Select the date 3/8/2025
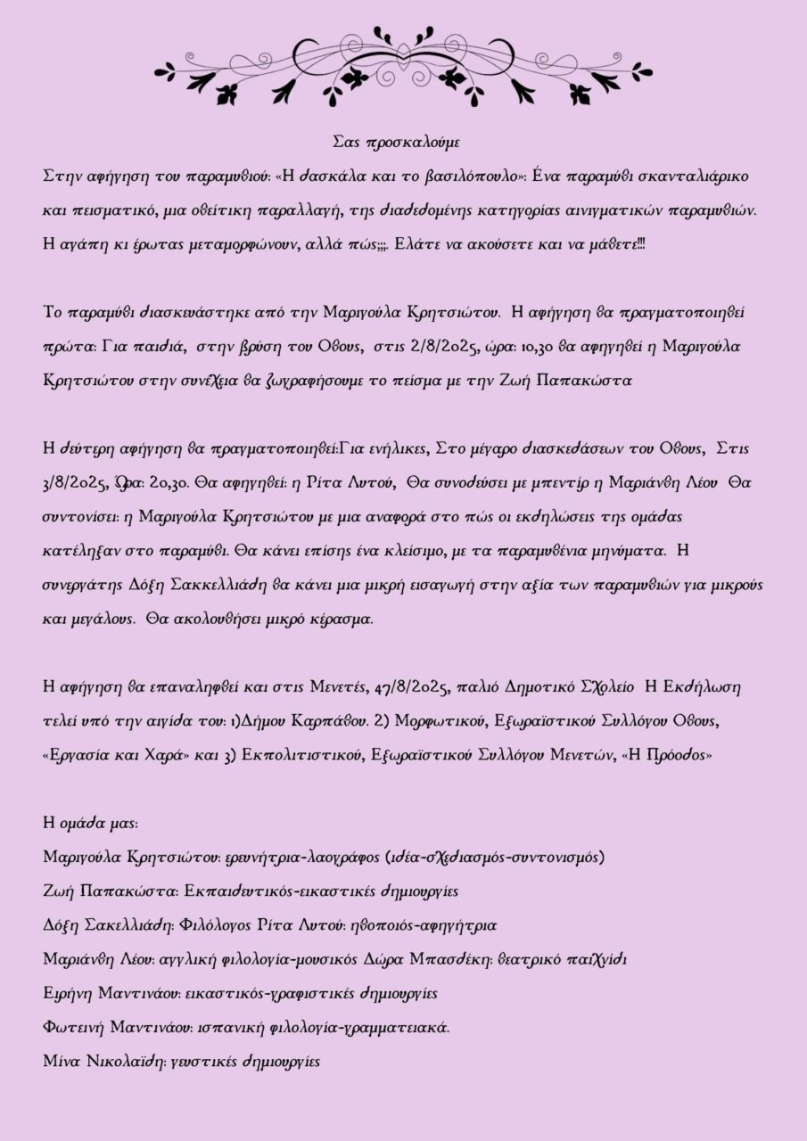(75, 483)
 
